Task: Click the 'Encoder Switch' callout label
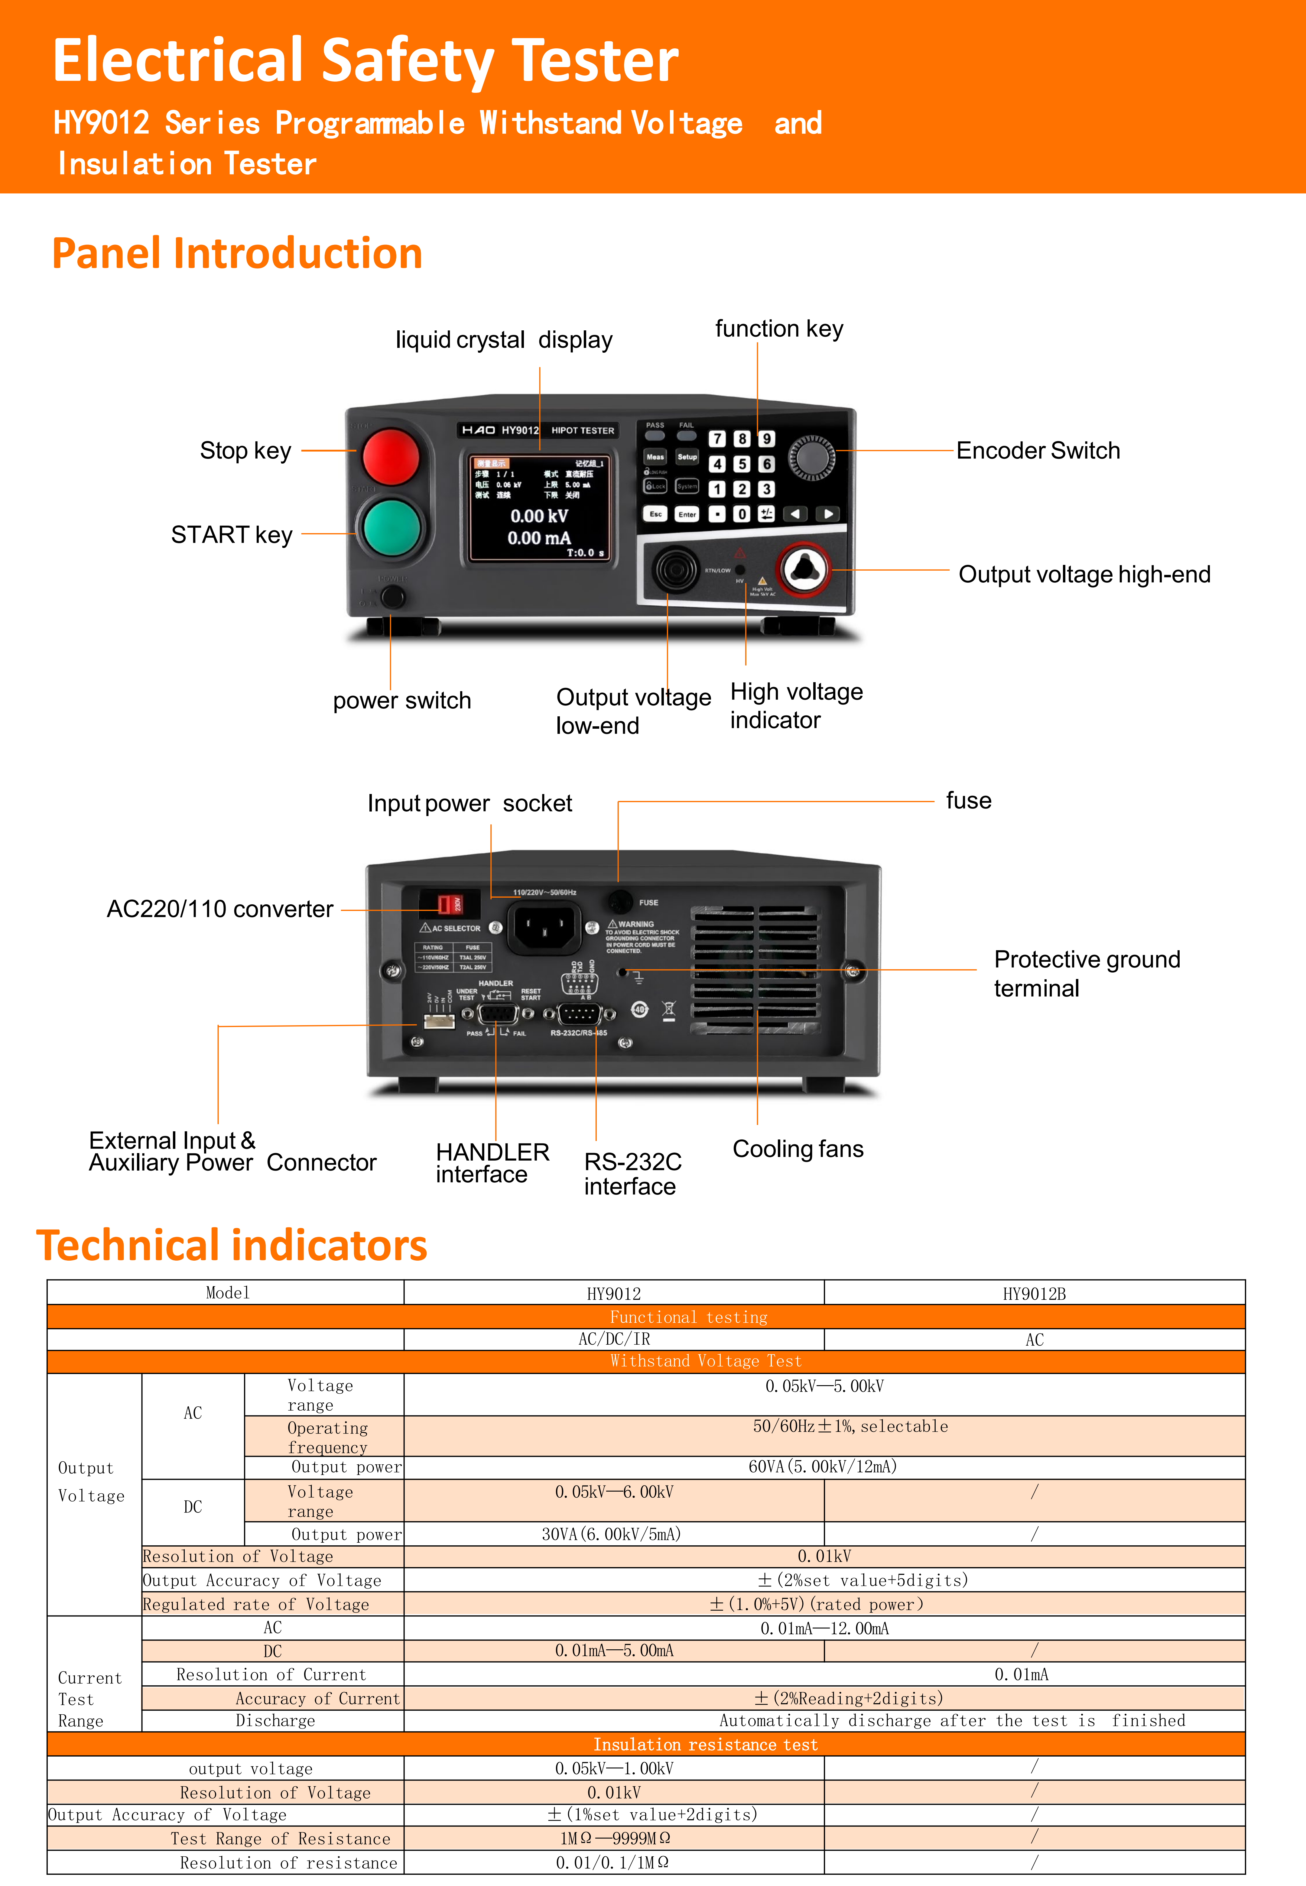1038,451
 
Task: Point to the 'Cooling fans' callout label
798,1149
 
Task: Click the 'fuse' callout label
968,801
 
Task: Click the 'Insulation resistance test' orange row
705,1745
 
